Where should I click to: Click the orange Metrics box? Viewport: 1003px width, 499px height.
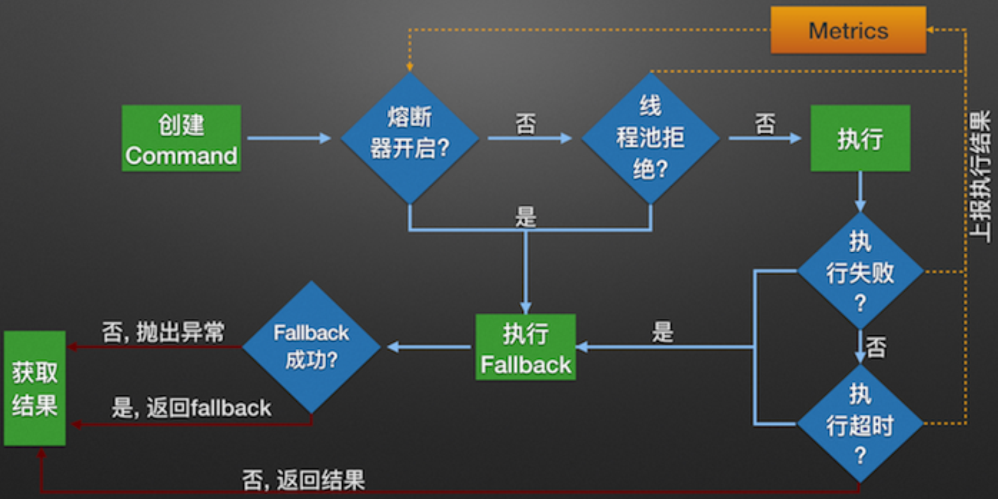pos(847,31)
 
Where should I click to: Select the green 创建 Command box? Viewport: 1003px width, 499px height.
pos(181,139)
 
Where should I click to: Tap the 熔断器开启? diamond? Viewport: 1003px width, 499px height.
pos(409,138)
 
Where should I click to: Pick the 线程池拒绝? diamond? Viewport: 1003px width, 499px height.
pos(650,138)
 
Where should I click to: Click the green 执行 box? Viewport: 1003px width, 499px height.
pos(860,139)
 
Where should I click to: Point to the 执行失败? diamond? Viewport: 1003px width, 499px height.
pos(860,271)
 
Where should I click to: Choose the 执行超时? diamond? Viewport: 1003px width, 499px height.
pos(860,424)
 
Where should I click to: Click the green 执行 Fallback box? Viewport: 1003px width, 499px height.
pos(526,347)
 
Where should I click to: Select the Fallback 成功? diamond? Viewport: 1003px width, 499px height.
pos(311,347)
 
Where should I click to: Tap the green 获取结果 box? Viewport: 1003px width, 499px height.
pos(35,388)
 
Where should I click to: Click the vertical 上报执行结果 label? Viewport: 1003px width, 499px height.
pos(980,176)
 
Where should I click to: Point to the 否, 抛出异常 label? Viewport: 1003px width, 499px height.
pos(163,331)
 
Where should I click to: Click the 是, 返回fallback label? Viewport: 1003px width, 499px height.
pos(191,408)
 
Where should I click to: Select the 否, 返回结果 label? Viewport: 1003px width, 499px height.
pos(303,480)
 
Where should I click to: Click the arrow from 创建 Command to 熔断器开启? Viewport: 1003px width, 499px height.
pos(289,138)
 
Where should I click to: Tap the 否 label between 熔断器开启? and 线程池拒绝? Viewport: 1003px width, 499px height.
pos(526,123)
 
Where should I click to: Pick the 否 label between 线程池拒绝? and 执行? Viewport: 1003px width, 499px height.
pos(765,123)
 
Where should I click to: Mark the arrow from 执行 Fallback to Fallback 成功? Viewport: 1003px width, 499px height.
pos(429,347)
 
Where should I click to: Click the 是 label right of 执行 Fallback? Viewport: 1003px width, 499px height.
pos(662,331)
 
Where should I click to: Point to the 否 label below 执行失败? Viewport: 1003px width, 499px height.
pos(876,347)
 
